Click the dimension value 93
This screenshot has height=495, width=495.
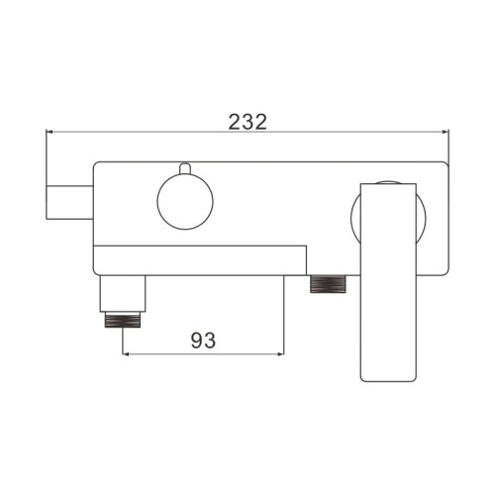203,340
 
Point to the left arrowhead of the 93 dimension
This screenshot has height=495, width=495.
125,353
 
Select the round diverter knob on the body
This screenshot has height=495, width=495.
184,203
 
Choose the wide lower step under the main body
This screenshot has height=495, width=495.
198,259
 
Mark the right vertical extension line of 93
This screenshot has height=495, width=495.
285,317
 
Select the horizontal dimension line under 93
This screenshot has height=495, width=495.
203,353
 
